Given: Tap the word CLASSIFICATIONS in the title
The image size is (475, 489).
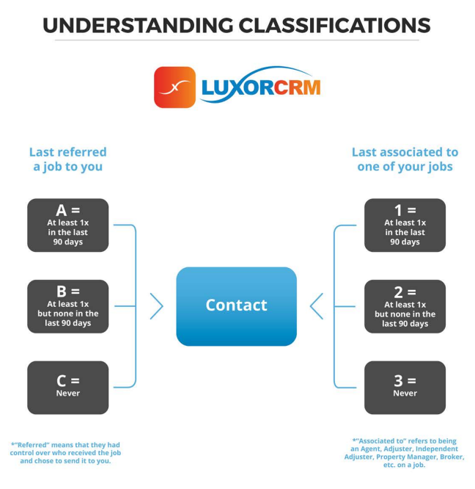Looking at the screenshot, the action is [x=334, y=25].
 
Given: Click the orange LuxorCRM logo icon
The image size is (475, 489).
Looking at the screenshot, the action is [x=174, y=87].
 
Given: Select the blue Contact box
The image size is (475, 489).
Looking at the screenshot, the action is [x=236, y=306].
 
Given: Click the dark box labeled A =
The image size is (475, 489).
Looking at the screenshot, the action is [x=67, y=225].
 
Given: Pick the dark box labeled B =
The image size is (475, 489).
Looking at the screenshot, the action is [x=67, y=306].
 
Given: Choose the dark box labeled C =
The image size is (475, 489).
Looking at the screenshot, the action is [x=67, y=387].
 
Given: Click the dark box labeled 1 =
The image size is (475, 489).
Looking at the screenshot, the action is [x=405, y=225].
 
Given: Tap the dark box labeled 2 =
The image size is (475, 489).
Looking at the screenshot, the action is [x=405, y=306].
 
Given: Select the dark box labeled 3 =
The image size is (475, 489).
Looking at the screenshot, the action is [x=405, y=387].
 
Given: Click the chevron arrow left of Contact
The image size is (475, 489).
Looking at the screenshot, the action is [x=157, y=306].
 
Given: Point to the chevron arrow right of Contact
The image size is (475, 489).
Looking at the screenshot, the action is [x=316, y=306].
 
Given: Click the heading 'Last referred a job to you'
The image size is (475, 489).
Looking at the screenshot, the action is [x=67, y=159].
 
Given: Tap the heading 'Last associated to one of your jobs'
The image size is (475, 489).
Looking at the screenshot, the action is [x=405, y=159].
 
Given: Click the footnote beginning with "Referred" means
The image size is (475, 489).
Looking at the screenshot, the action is [x=66, y=453].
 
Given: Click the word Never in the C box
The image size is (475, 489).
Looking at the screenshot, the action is [x=67, y=394].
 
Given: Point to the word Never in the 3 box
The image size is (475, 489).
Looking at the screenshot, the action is [x=405, y=394].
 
